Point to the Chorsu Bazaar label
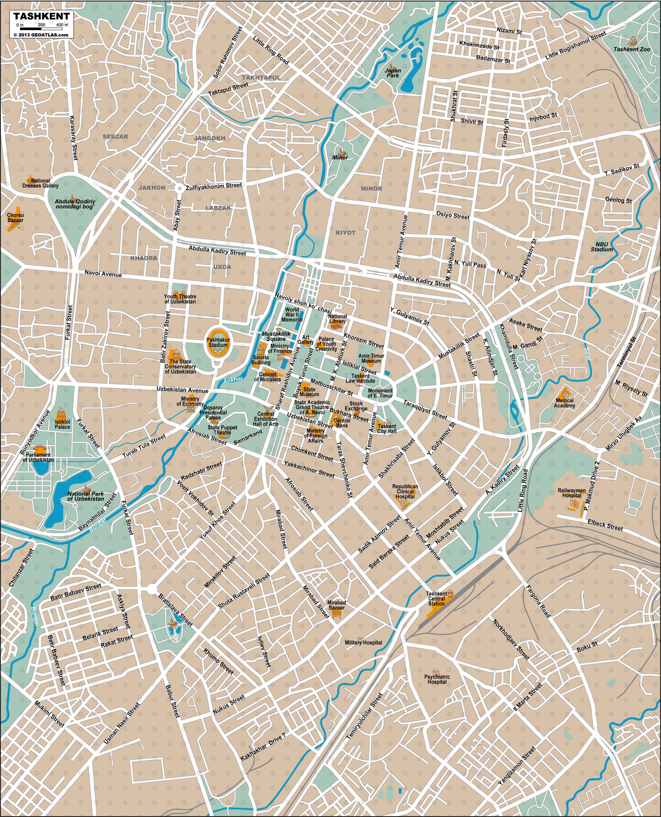[x=15, y=218]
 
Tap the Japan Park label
[x=393, y=73]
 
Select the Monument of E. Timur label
[x=380, y=393]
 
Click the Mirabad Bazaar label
[x=337, y=605]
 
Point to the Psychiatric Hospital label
[x=437, y=679]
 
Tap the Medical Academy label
[x=564, y=403]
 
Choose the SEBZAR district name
[x=115, y=136]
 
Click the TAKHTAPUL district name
[x=261, y=77]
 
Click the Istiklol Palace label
[x=62, y=424]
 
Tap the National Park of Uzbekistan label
[x=86, y=496]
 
